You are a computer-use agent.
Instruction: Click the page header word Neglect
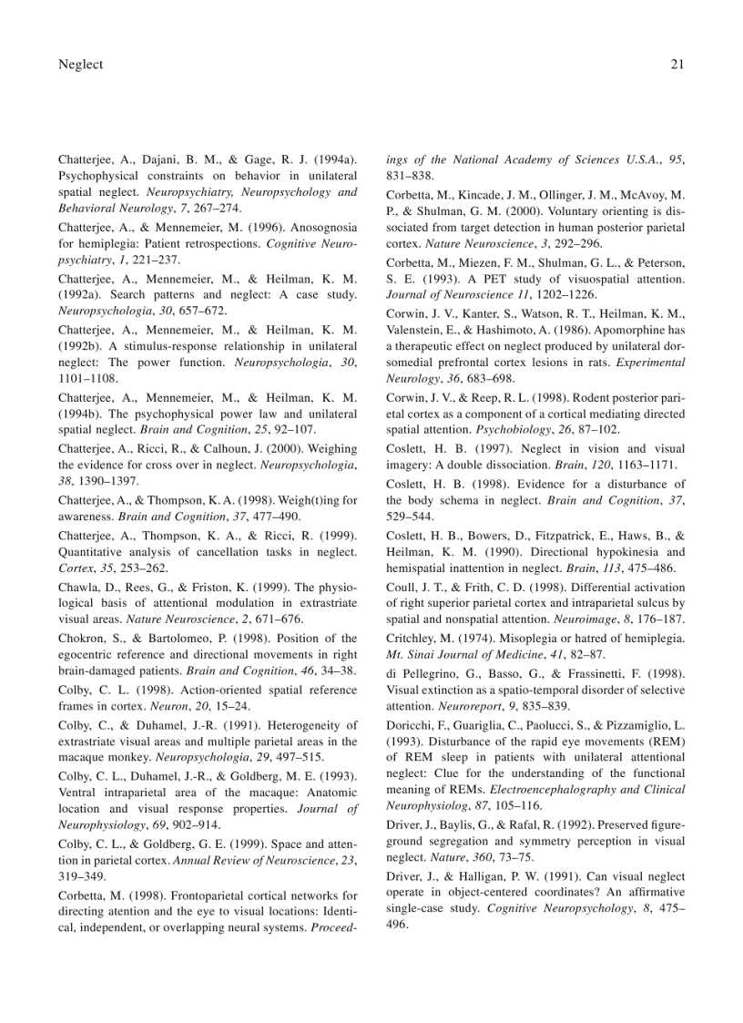[80, 64]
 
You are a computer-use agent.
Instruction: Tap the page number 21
[677, 64]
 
